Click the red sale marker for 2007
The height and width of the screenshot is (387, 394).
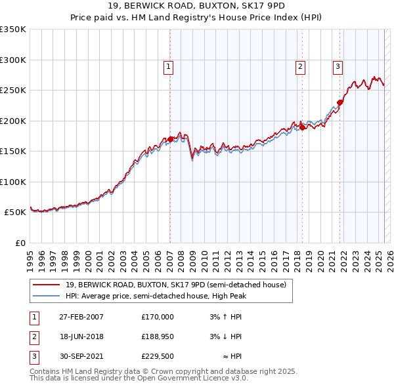pyautogui.click(x=170, y=139)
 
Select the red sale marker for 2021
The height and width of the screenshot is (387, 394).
pyautogui.click(x=340, y=102)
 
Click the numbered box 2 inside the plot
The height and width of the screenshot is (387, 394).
pyautogui.click(x=300, y=66)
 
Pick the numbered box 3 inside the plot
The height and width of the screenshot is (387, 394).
pyautogui.click(x=338, y=66)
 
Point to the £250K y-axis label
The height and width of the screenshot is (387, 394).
pyautogui.click(x=13, y=90)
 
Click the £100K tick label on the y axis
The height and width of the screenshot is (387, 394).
pyautogui.click(x=13, y=182)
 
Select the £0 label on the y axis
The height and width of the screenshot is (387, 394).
pyautogui.click(x=20, y=243)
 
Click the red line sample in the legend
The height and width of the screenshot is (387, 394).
pyautogui.click(x=47, y=285)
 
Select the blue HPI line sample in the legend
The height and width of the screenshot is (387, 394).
pyautogui.click(x=47, y=296)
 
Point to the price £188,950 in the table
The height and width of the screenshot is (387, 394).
pyautogui.click(x=158, y=336)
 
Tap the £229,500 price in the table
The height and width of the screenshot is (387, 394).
pyautogui.click(x=158, y=357)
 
